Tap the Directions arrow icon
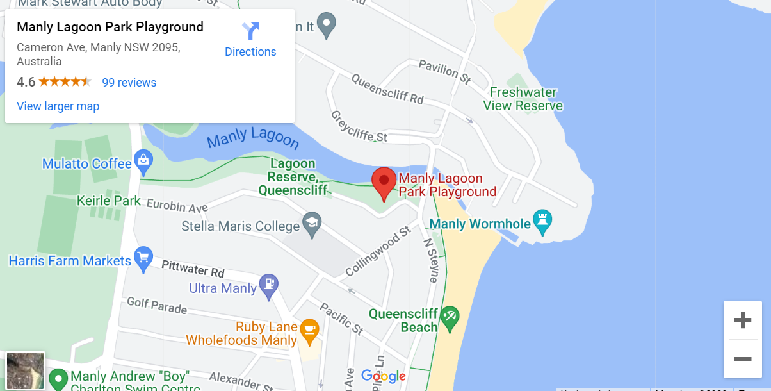click(x=250, y=31)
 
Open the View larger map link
click(x=58, y=106)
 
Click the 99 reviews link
click(x=129, y=83)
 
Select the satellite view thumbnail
click(x=25, y=370)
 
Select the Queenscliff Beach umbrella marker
click(x=450, y=317)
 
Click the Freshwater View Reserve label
click(x=523, y=99)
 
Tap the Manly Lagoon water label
click(x=253, y=137)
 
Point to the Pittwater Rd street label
click(x=193, y=267)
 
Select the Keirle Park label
click(x=109, y=201)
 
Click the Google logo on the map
click(x=383, y=376)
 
